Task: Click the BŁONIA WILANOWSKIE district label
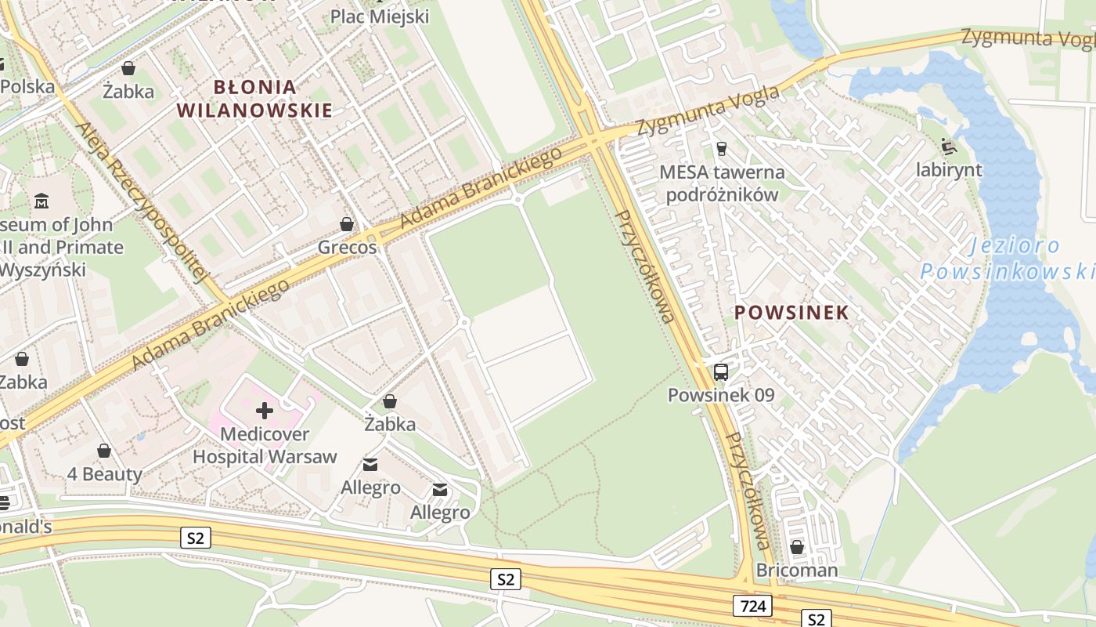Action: tap(254, 98)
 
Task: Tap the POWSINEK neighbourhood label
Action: tap(791, 313)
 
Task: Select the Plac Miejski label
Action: tap(380, 16)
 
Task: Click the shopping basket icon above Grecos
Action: tap(347, 225)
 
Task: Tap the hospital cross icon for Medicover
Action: tap(265, 411)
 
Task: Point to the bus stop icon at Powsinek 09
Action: tap(721, 372)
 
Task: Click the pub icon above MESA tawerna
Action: tap(722, 148)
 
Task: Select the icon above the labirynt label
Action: tap(949, 146)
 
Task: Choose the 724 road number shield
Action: tap(753, 605)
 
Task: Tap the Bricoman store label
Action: tap(797, 570)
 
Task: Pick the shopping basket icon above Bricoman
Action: tap(797, 547)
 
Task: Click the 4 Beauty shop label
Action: tap(104, 474)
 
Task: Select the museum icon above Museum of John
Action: tap(41, 202)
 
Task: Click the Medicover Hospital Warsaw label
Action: tap(265, 445)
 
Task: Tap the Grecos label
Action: tap(347, 248)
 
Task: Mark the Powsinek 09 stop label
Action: tap(721, 395)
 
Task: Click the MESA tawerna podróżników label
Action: tap(722, 183)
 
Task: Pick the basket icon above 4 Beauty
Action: tap(104, 451)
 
